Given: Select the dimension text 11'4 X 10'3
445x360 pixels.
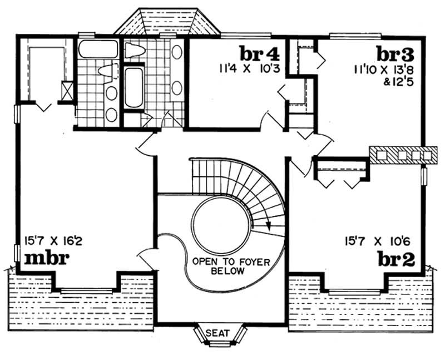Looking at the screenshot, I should (x=249, y=70).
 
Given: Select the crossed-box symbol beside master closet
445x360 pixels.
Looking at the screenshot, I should (x=68, y=91).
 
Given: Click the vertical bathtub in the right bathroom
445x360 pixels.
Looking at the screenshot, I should (x=134, y=88).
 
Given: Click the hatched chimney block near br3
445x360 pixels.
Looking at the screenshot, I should (x=402, y=154).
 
